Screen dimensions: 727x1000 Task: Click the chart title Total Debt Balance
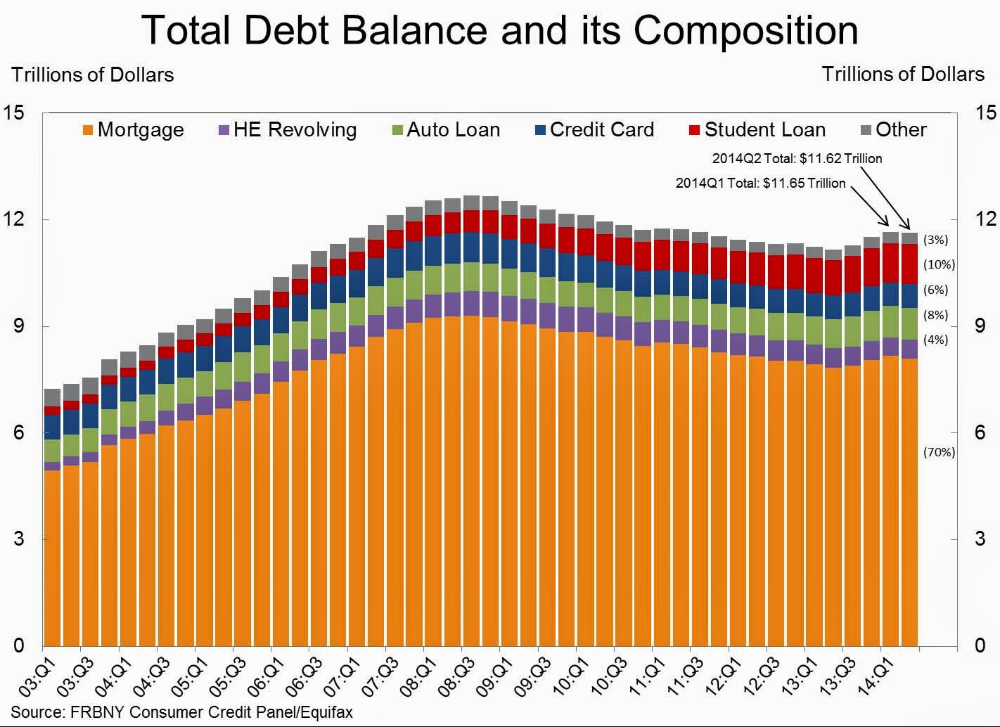499,30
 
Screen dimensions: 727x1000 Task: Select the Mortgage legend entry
133,130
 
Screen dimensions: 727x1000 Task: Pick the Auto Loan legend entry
445,130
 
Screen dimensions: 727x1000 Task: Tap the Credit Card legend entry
594,130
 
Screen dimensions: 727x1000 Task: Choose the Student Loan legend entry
757,130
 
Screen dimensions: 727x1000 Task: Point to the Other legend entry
893,130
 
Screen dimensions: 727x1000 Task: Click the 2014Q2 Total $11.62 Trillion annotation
797,159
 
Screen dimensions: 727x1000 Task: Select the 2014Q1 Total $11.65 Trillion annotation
760,184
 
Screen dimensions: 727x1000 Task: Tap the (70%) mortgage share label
939,452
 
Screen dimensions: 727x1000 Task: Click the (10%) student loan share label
939,265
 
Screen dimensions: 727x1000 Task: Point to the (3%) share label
935,240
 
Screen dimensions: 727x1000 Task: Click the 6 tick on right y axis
980,432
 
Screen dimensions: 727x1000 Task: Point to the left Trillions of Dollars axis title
92,75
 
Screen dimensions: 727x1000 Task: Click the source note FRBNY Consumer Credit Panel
181,712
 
